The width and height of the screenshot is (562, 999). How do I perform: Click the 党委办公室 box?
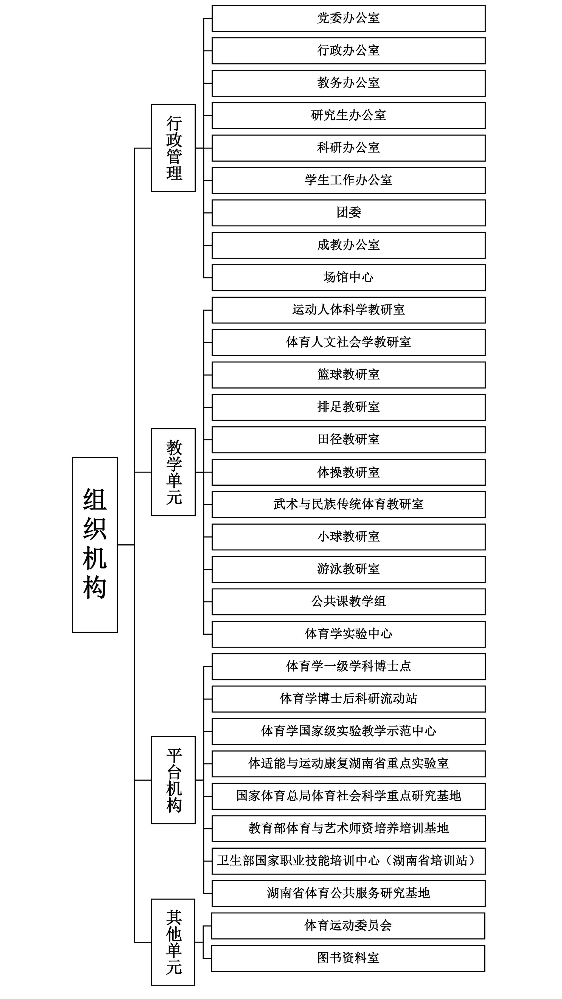[x=348, y=18]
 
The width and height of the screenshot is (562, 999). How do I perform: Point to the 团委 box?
[x=348, y=213]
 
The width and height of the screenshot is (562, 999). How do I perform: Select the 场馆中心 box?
[x=348, y=278]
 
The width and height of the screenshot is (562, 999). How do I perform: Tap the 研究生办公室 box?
[x=348, y=116]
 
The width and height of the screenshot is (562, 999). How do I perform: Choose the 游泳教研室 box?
[x=348, y=569]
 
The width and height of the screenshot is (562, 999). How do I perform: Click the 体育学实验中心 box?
[x=348, y=634]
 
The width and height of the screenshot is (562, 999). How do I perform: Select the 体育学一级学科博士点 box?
[x=348, y=667]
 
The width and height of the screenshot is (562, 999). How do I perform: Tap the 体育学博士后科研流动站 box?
[x=348, y=699]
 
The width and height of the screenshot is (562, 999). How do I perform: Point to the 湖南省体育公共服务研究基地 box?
[x=348, y=894]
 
